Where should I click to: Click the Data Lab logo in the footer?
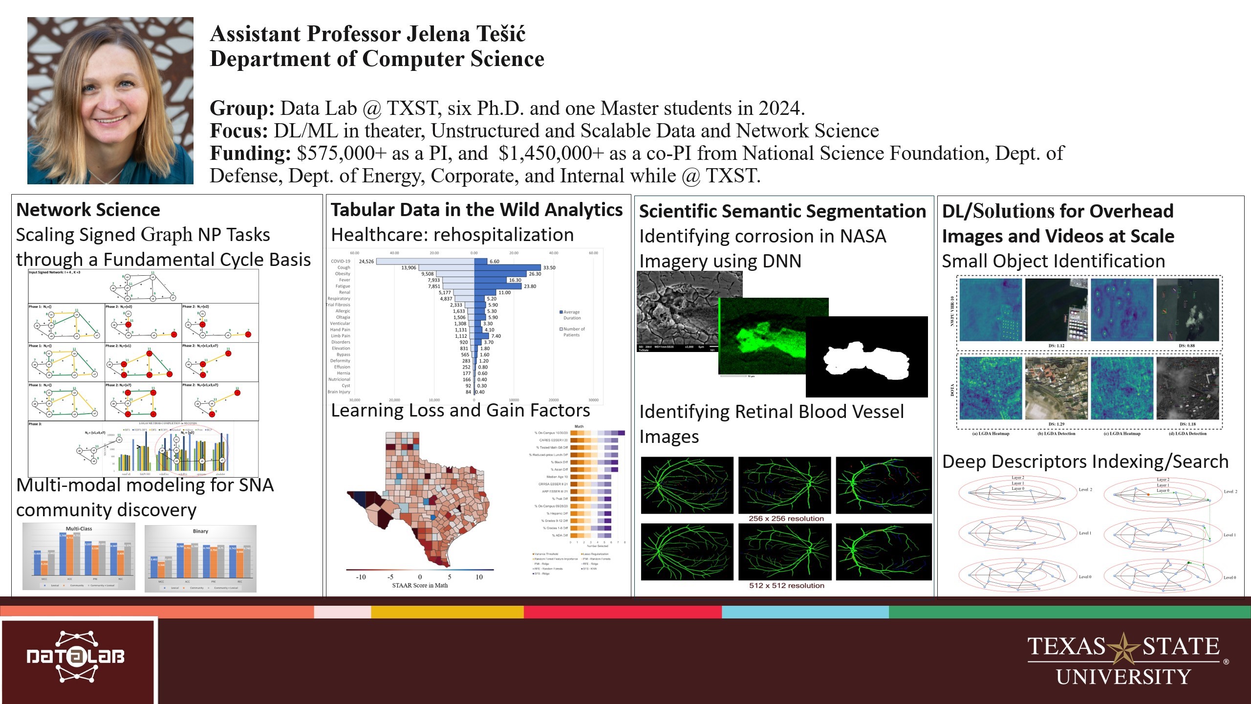pos(76,657)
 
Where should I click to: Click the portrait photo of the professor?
pos(110,101)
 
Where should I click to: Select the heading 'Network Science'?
pos(88,210)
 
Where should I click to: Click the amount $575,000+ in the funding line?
pos(342,154)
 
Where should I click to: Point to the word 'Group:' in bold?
pos(242,109)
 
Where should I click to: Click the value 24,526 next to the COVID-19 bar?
pos(366,262)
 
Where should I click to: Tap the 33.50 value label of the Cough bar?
pos(549,268)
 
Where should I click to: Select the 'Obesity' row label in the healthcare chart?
pos(343,274)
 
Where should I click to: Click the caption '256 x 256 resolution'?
pos(786,518)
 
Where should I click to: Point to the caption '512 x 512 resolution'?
pos(786,585)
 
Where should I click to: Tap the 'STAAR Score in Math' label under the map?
pos(419,585)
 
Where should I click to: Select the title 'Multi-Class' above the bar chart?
pos(79,528)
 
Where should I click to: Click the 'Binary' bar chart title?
pos(200,531)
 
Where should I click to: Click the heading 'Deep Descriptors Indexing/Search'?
pos(1085,462)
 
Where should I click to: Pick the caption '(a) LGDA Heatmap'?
pos(991,433)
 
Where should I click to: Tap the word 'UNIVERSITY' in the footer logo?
pos(1123,677)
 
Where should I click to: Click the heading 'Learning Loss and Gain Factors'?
pos(460,410)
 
